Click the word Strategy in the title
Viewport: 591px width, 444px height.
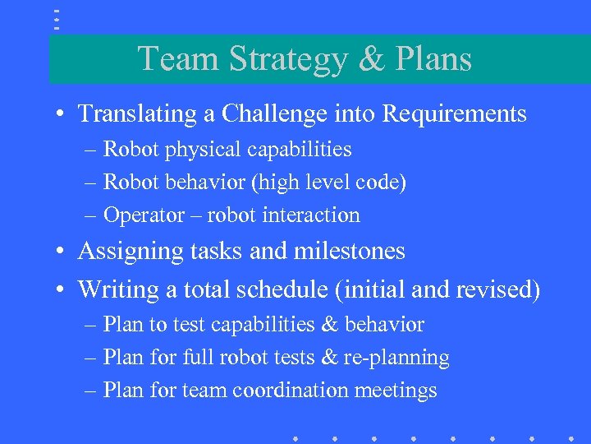tap(287, 59)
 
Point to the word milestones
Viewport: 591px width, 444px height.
tap(350, 252)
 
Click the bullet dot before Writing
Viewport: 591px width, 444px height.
tap(62, 290)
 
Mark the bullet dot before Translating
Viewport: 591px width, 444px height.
tap(62, 114)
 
